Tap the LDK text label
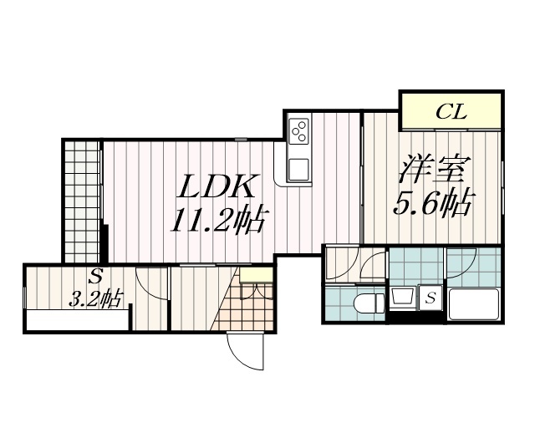point(219,186)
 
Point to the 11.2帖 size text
point(220,221)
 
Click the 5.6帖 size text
point(433,202)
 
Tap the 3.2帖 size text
point(94,298)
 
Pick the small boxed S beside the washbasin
point(430,298)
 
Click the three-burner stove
point(298,130)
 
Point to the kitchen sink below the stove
point(298,168)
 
